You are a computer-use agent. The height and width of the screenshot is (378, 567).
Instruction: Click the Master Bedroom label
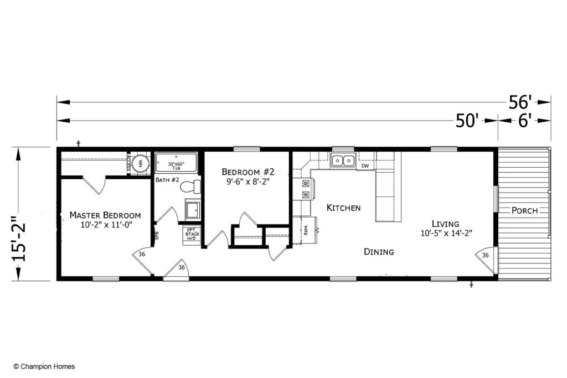click(x=105, y=215)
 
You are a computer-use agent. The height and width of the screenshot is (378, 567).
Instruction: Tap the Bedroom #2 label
click(x=248, y=172)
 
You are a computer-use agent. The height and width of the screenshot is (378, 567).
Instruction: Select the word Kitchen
click(x=343, y=208)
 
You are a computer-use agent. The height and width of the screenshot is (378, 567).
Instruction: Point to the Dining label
click(x=379, y=252)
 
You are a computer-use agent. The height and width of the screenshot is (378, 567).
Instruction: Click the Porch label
click(x=524, y=210)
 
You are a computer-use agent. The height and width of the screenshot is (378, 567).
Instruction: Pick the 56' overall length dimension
click(x=521, y=102)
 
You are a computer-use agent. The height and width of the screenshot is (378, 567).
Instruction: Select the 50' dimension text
click(x=467, y=121)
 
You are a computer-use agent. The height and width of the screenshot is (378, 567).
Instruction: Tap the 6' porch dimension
click(x=525, y=121)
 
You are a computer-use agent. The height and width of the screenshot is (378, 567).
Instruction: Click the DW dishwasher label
click(x=365, y=166)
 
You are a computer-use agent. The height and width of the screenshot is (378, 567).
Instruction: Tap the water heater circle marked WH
click(x=141, y=163)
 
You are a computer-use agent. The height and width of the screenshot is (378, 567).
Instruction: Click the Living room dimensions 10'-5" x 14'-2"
click(x=446, y=234)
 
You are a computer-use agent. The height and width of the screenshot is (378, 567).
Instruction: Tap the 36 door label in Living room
click(x=485, y=255)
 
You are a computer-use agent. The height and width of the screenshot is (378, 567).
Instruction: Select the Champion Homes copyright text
click(x=44, y=366)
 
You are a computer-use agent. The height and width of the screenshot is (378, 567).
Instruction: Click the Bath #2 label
click(x=166, y=180)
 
